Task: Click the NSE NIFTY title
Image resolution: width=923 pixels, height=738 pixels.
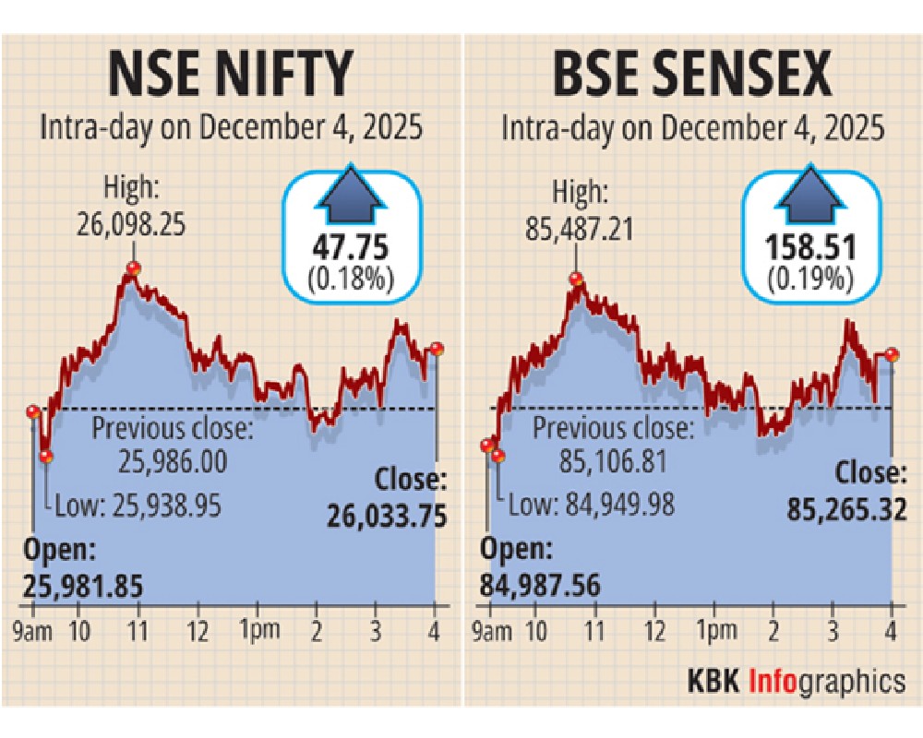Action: click(x=231, y=75)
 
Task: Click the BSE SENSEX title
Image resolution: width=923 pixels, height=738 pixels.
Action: click(x=692, y=75)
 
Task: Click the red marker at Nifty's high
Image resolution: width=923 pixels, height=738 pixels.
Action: click(x=134, y=268)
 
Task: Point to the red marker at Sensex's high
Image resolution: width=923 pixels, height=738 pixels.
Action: click(x=577, y=279)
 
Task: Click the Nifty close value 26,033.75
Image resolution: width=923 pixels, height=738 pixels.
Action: click(x=387, y=518)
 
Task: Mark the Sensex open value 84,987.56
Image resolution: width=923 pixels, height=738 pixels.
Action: click(x=540, y=585)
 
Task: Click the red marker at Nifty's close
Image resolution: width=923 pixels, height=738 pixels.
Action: click(x=437, y=349)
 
